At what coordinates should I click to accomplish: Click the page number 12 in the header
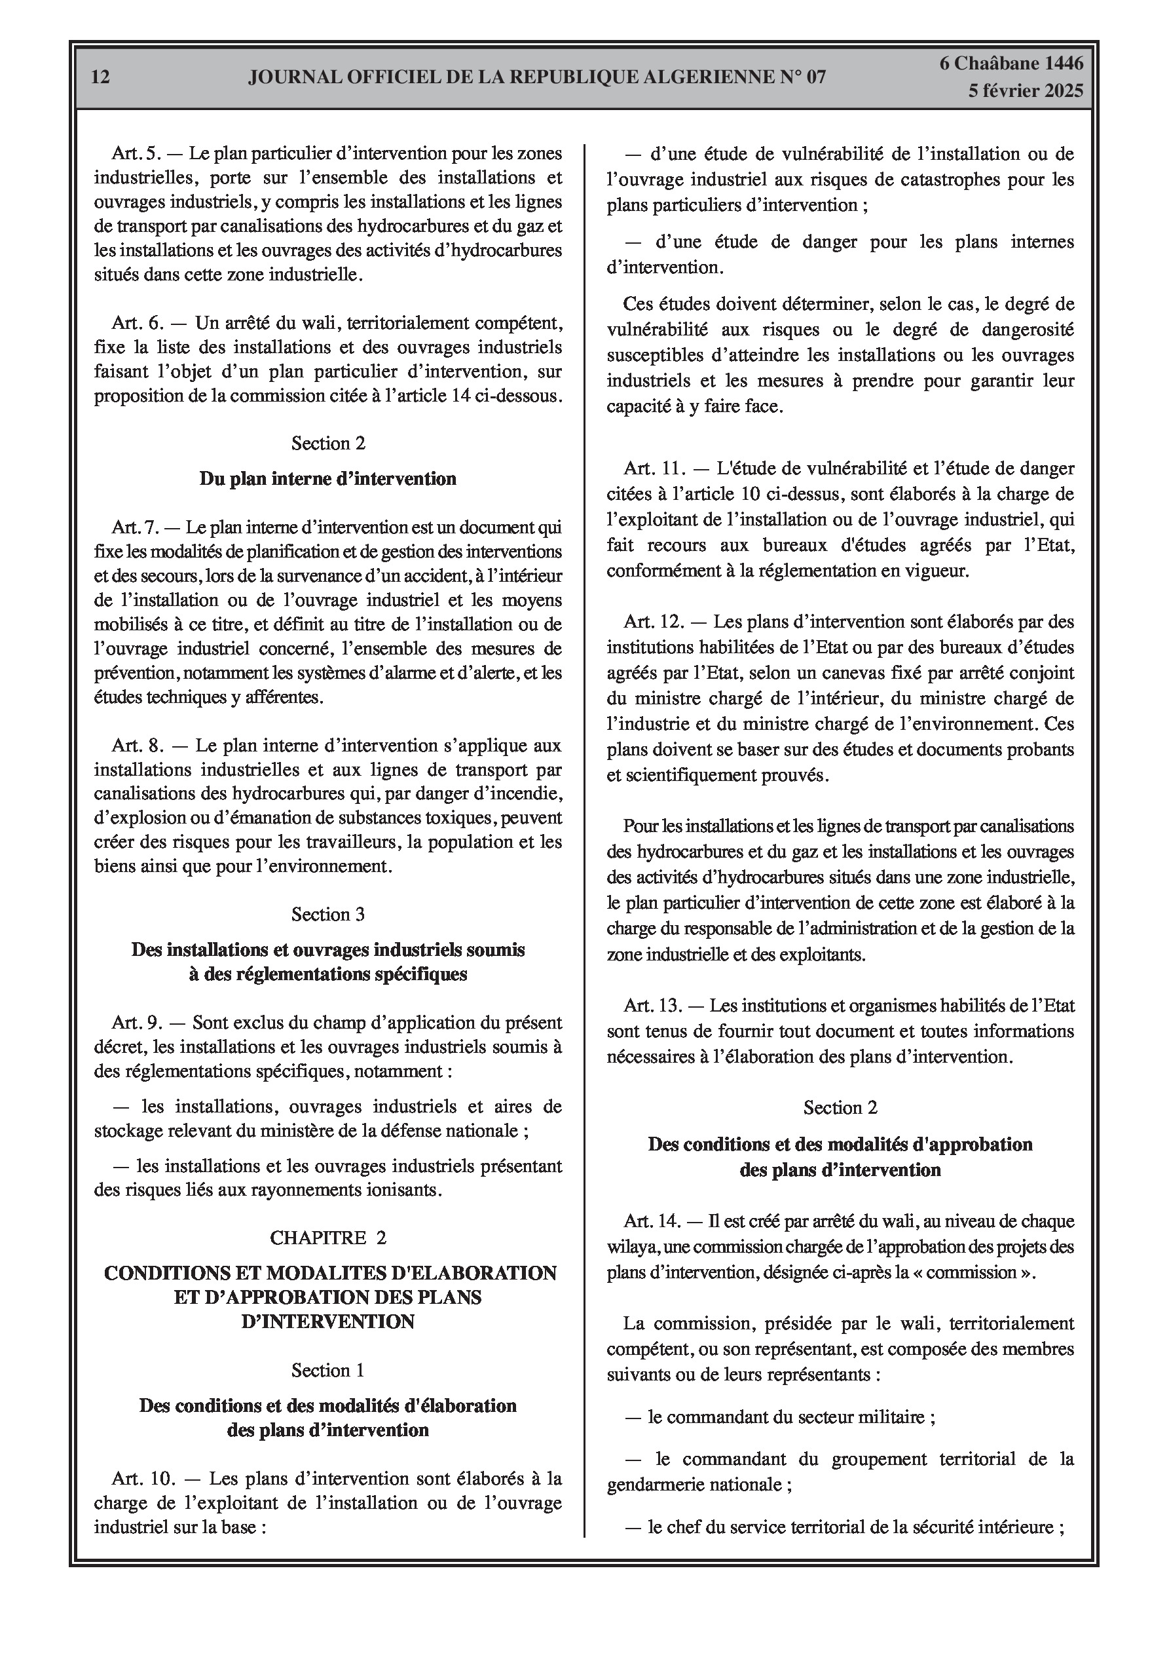click(101, 77)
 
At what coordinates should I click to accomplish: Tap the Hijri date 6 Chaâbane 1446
click(1011, 64)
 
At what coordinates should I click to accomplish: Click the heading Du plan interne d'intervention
click(328, 479)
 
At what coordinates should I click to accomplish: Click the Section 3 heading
click(328, 914)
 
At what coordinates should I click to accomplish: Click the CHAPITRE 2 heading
click(328, 1238)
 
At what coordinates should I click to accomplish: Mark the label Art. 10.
click(143, 1479)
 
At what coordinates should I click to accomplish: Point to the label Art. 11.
click(654, 468)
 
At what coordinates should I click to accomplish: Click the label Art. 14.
click(653, 1221)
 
